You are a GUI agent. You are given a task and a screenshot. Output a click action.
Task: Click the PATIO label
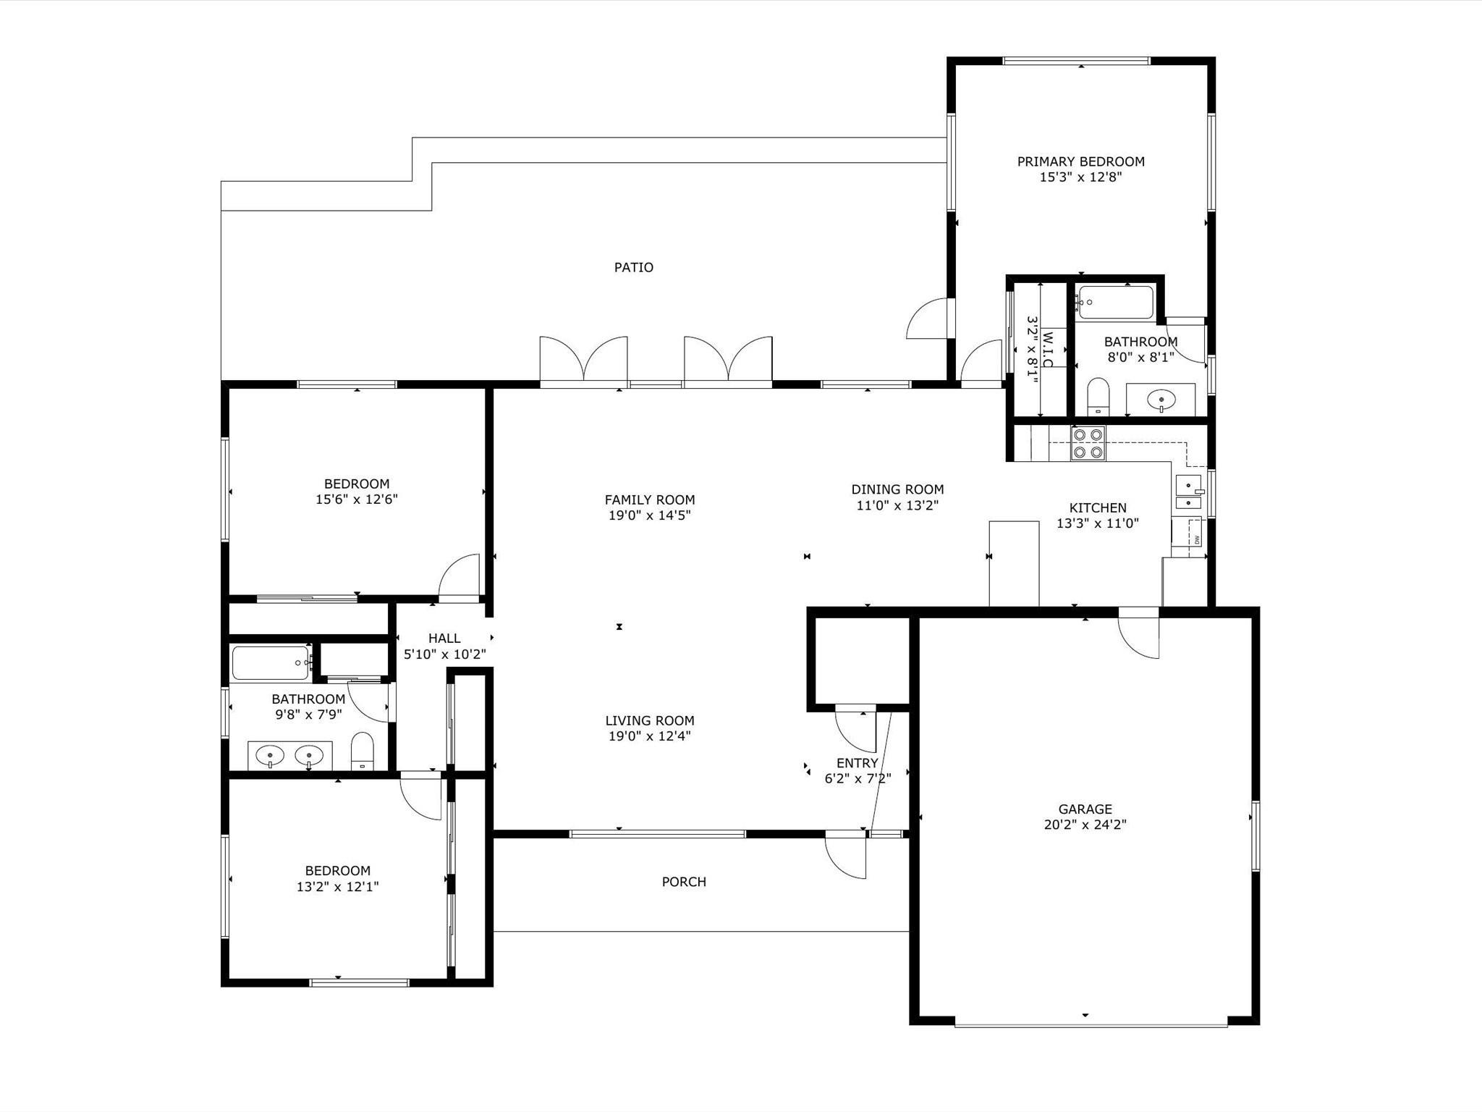tap(634, 268)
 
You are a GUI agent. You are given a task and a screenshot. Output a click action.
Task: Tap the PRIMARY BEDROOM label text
tap(1081, 161)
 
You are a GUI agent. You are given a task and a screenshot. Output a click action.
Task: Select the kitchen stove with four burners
tap(1088, 443)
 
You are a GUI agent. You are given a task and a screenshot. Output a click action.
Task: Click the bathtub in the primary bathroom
tap(1115, 303)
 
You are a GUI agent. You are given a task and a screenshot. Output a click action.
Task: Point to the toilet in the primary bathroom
tap(1098, 396)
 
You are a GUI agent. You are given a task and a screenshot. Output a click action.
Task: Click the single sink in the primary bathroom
tap(1161, 400)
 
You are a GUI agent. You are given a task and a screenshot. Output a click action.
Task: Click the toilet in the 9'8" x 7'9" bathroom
tap(362, 752)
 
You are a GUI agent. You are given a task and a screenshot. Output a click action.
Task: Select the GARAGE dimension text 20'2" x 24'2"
tap(1085, 824)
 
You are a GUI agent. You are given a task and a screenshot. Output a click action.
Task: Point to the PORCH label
tap(684, 882)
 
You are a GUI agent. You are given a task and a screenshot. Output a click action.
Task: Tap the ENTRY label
tap(858, 763)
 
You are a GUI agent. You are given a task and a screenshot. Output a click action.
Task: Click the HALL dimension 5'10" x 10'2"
tap(444, 654)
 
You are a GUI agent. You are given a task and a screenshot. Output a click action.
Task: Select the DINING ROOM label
tap(897, 489)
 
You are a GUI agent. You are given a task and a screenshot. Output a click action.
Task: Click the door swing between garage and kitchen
tap(1139, 633)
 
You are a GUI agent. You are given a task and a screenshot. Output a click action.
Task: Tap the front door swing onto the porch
tap(846, 856)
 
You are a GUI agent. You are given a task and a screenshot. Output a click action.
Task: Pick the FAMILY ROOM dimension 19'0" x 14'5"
tap(650, 515)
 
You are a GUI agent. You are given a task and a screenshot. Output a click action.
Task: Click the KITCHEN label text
tap(1098, 507)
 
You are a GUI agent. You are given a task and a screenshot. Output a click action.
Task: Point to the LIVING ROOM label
tap(650, 720)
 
